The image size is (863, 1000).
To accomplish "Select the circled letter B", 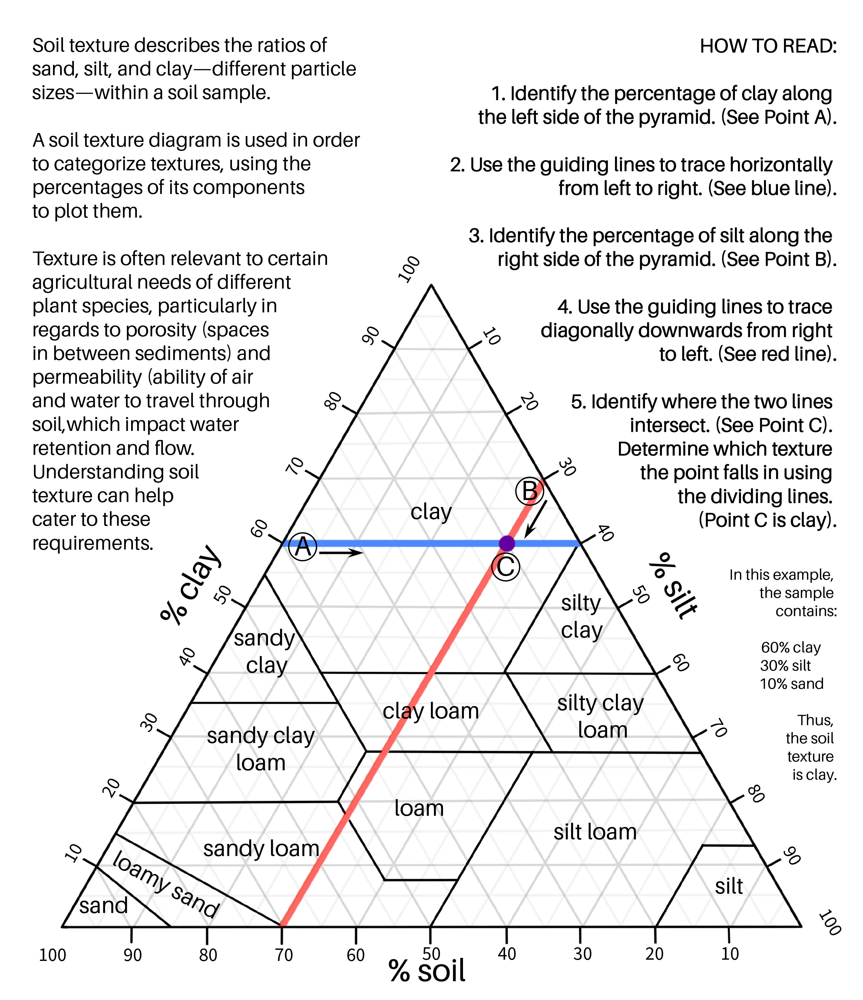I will [x=530, y=491].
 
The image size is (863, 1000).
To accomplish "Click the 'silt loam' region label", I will [x=595, y=832].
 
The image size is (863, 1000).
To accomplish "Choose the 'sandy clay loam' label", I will [x=260, y=749].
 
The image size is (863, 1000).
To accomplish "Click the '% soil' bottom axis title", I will [x=427, y=971].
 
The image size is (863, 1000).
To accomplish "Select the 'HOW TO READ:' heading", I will [x=768, y=46].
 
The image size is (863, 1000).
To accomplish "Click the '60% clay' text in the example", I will [x=791, y=647].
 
